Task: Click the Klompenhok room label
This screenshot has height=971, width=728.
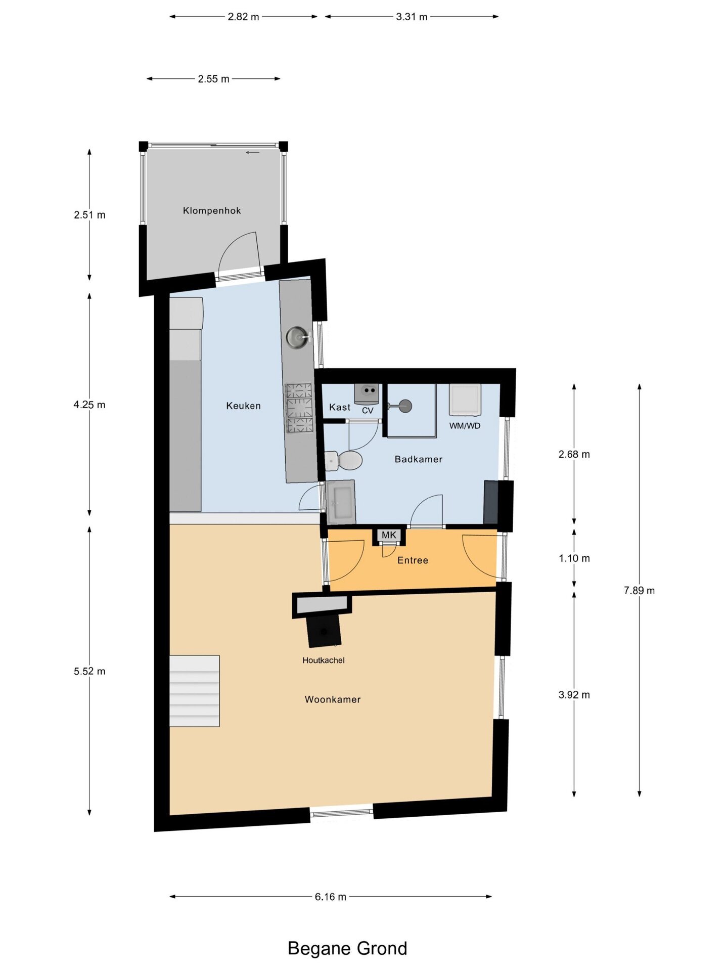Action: (x=212, y=210)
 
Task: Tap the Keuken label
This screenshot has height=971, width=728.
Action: (x=243, y=406)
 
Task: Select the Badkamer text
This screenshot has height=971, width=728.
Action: (x=419, y=459)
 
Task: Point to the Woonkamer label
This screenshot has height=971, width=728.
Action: (x=333, y=699)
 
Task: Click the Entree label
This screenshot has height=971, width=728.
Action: (x=413, y=560)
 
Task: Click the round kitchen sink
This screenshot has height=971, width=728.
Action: (x=297, y=337)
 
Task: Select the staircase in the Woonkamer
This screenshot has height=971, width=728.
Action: (x=194, y=691)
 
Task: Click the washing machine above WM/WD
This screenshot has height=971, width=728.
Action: (x=465, y=399)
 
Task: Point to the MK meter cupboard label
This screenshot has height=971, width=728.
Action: (x=389, y=535)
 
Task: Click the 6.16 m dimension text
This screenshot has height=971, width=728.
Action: (x=331, y=897)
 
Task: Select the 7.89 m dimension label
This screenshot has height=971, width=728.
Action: (x=639, y=590)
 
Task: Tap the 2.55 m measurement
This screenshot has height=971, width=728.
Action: (x=213, y=79)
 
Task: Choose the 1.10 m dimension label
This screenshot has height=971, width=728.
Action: (x=574, y=558)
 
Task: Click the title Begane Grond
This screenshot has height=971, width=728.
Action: (x=347, y=948)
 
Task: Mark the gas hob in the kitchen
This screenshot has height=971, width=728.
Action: (x=299, y=408)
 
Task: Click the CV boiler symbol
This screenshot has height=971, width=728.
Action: (x=366, y=394)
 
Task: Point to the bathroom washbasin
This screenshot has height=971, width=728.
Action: (x=340, y=502)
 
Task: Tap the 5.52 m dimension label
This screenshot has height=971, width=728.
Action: (x=89, y=671)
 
